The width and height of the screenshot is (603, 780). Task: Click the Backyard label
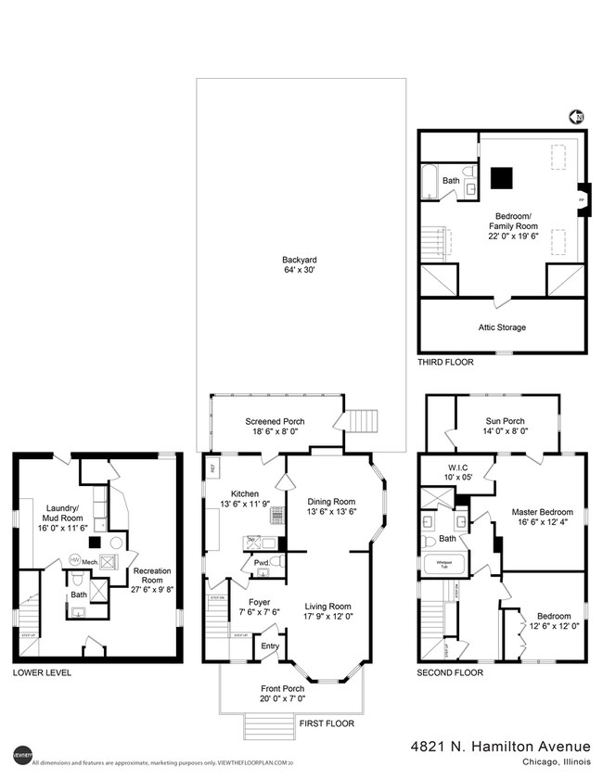[x=300, y=260]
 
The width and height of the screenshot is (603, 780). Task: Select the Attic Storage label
[x=502, y=327]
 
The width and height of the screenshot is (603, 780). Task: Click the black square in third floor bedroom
[x=502, y=176]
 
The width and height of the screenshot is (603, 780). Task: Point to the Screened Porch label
[x=275, y=421]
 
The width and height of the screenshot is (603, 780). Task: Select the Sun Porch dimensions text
[x=507, y=430]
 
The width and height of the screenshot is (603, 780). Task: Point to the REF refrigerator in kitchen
[x=212, y=468]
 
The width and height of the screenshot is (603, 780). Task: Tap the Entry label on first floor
[x=269, y=646]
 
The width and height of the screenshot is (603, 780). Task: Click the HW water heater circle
[x=74, y=559]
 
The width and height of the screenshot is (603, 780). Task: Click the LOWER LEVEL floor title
[x=41, y=672]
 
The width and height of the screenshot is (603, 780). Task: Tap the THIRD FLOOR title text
[x=444, y=363]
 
